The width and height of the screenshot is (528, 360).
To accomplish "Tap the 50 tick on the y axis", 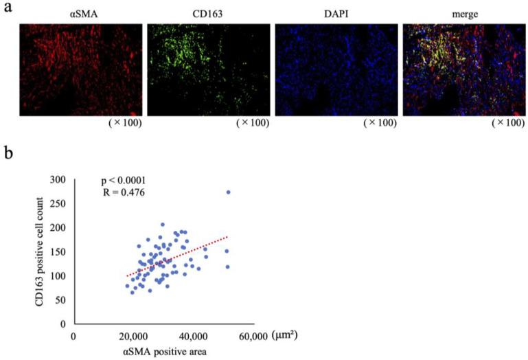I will (x=63, y=300).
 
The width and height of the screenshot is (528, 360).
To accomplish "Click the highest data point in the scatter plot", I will (x=229, y=192).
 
